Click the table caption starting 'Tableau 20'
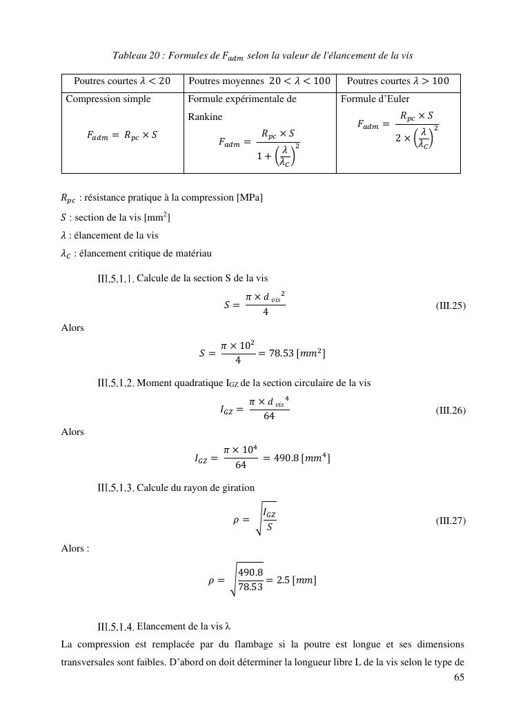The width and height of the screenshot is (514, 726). tap(262, 55)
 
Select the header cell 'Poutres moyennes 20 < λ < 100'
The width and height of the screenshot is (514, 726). tap(259, 81)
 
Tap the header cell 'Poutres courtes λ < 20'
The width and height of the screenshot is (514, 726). tap(122, 81)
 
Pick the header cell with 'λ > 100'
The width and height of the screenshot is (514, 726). tap(397, 81)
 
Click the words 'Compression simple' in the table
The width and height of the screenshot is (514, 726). tap(108, 99)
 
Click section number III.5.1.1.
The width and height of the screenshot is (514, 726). tap(115, 279)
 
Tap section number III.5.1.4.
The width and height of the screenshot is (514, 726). tap(115, 627)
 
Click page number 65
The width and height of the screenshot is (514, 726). tap(459, 678)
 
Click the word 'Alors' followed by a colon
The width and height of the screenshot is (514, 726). tap(75, 549)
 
